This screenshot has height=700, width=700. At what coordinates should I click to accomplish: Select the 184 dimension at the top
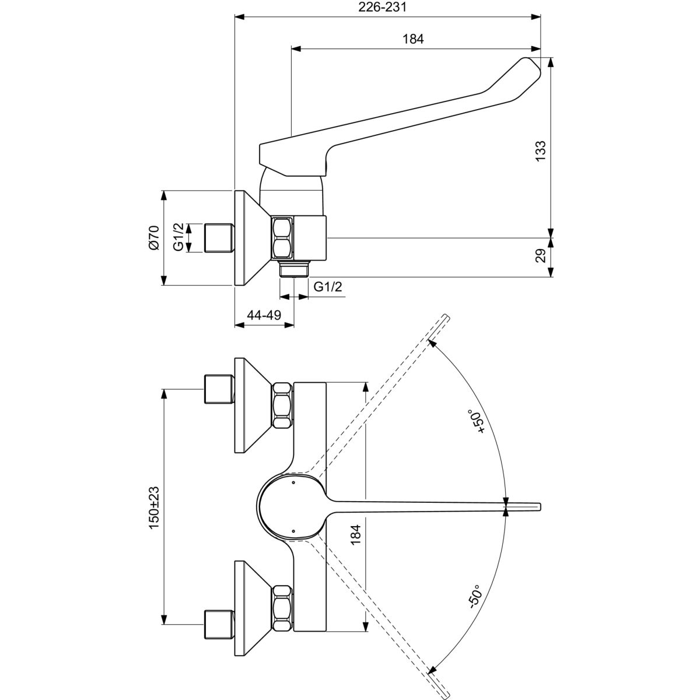pyautogui.click(x=412, y=39)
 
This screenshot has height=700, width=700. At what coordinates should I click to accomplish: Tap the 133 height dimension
pyautogui.click(x=541, y=150)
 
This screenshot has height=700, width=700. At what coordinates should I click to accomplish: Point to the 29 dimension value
pyautogui.click(x=541, y=256)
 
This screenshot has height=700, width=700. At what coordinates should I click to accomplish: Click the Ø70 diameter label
pyautogui.click(x=153, y=238)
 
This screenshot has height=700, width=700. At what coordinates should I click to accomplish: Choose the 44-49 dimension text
pyautogui.click(x=264, y=315)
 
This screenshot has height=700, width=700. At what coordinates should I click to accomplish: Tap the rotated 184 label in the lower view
pyautogui.click(x=356, y=533)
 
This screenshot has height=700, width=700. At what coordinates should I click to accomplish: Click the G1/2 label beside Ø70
pyautogui.click(x=178, y=237)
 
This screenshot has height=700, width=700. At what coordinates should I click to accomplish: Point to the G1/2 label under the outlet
pyautogui.click(x=328, y=286)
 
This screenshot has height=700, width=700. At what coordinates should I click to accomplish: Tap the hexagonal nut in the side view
pyautogui.click(x=282, y=238)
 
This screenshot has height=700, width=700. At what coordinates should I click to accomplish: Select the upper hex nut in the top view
pyautogui.click(x=282, y=405)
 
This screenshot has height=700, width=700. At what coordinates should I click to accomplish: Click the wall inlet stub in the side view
pyautogui.click(x=219, y=238)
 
